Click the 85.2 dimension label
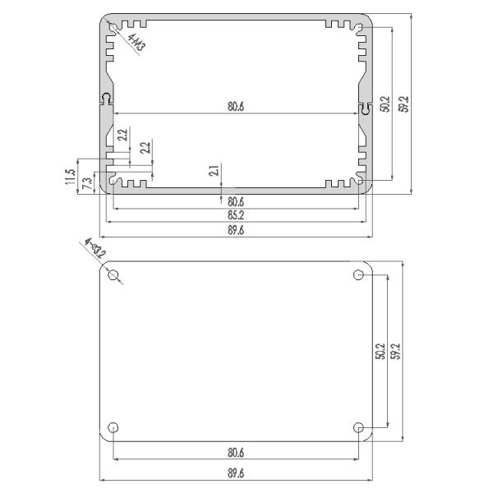point(235,215)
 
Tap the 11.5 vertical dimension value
point(71,176)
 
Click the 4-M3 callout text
point(136,43)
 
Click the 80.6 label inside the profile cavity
point(235,106)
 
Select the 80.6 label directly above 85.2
point(235,201)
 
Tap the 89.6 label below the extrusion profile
point(235,231)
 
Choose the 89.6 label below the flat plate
point(235,473)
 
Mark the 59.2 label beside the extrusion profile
point(403,104)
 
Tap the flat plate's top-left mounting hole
point(113,274)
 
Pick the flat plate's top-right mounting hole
point(358,274)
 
